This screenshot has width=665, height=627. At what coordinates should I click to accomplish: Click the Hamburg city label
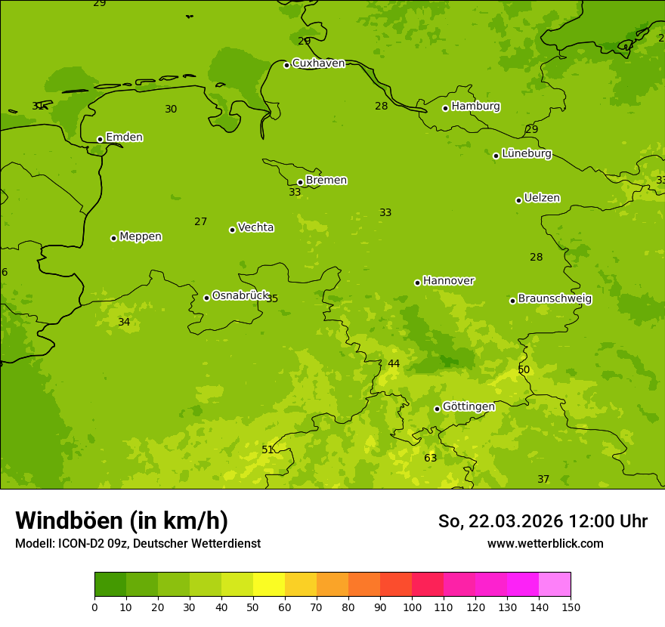click(475, 107)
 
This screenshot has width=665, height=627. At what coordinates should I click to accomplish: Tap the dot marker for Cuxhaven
click(286, 65)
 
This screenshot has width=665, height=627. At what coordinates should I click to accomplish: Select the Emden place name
click(124, 137)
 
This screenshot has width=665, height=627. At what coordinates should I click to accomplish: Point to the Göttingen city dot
click(437, 409)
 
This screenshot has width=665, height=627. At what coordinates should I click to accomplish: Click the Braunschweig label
click(555, 299)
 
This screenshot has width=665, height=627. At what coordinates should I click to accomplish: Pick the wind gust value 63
click(430, 459)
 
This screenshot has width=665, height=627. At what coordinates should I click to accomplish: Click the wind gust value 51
click(268, 449)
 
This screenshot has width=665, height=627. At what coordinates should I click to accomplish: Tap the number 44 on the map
click(394, 364)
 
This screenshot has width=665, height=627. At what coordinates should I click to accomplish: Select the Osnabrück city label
click(240, 296)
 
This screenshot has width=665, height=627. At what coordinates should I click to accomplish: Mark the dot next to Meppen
click(113, 238)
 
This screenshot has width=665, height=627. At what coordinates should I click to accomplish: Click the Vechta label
click(255, 227)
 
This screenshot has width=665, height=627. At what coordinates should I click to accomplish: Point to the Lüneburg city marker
click(496, 156)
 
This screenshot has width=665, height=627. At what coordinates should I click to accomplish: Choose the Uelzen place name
click(542, 199)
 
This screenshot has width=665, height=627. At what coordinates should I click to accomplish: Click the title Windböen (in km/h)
click(122, 520)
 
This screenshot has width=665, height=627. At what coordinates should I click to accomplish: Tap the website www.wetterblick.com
click(545, 544)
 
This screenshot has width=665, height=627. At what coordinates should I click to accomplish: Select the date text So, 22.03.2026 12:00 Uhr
click(543, 521)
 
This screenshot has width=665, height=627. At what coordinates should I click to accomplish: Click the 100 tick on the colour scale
click(412, 607)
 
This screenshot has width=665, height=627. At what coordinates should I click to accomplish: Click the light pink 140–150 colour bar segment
click(555, 585)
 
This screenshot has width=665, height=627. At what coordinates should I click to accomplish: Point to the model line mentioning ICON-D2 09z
click(138, 544)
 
